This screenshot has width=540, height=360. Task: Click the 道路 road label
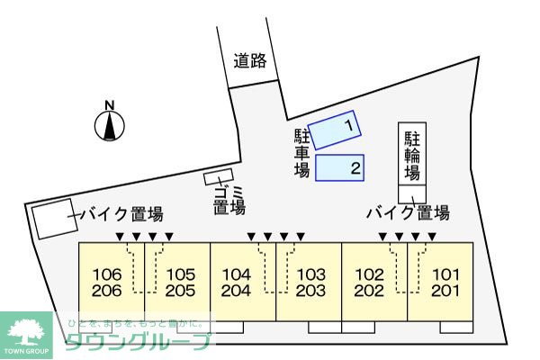(250, 61)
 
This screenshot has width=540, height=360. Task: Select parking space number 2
(341, 167)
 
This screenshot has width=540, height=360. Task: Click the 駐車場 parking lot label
(302, 153)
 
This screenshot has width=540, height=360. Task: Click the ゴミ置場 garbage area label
(229, 200)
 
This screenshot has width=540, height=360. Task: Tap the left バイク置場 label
(121, 214)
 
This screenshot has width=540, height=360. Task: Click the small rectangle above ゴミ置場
(219, 177)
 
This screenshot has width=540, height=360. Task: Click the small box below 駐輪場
(413, 193)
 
